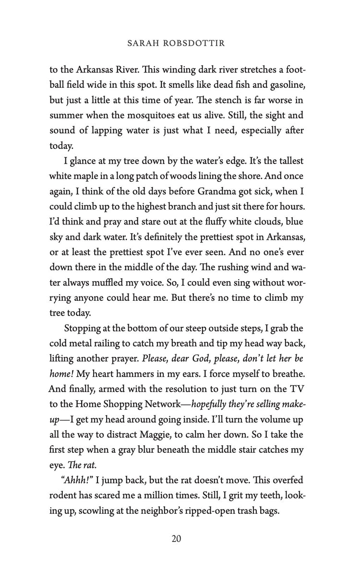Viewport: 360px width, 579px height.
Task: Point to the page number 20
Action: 176,539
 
